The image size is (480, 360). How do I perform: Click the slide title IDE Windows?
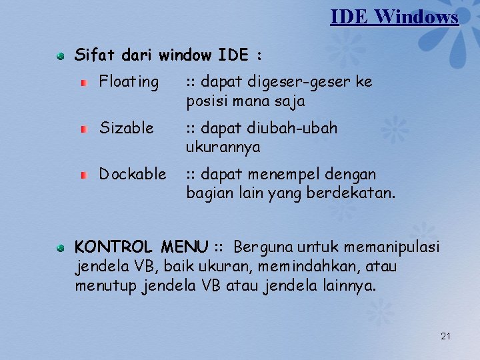pyautogui.click(x=394, y=16)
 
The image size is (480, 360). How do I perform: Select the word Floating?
pyautogui.click(x=129, y=82)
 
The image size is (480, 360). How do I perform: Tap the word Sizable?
pyautogui.click(x=126, y=127)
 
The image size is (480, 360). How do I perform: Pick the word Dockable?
pyautogui.click(x=133, y=174)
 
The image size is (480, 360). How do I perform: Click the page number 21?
pyautogui.click(x=445, y=336)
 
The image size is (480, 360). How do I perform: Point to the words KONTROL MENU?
pyautogui.click(x=141, y=247)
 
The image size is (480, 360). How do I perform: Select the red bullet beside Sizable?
pyautogui.click(x=84, y=128)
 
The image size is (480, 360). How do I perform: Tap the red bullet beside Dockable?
pyautogui.click(x=84, y=175)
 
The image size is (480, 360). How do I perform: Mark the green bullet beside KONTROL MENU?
pyautogui.click(x=60, y=248)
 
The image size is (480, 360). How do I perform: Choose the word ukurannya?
pyautogui.click(x=223, y=147)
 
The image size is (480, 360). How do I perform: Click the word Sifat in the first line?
pyautogui.click(x=93, y=55)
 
